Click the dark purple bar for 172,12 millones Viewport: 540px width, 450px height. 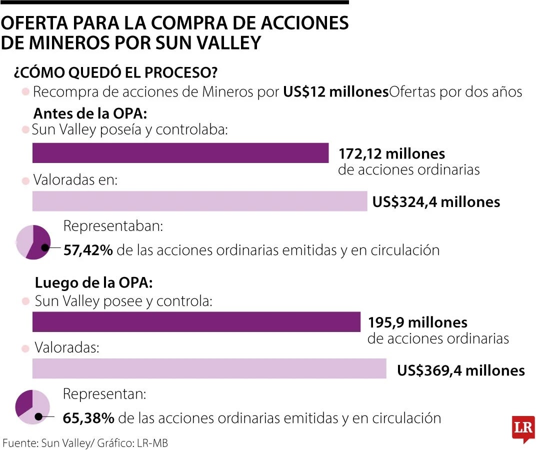coord(180,153)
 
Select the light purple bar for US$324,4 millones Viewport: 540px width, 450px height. coord(199,201)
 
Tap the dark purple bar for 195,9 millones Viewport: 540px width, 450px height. coord(196,322)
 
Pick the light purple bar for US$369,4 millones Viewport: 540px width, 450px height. coord(209,369)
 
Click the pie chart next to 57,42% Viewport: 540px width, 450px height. coord(33,242)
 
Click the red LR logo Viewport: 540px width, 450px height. coord(523,428)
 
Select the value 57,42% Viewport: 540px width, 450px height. coord(88,250)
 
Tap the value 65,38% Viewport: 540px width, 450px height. coord(88,418)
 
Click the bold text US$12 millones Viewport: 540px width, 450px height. coord(335,92)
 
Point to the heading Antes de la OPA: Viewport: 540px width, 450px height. coord(90,113)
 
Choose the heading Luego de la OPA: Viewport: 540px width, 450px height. coord(93,283)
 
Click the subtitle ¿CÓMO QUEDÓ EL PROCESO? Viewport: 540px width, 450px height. coord(115,72)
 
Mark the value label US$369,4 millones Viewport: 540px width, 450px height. coord(460,370)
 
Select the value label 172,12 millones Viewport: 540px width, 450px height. coord(391,153)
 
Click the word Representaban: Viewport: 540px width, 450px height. coord(113,226)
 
